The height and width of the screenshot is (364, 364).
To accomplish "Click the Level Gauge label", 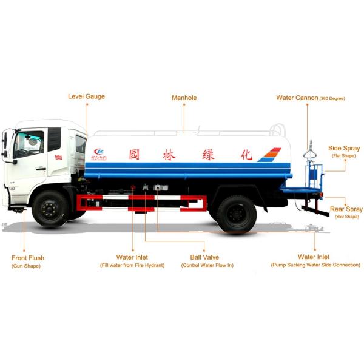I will click(x=86, y=96).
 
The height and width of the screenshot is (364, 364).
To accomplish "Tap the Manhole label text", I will click(x=184, y=98).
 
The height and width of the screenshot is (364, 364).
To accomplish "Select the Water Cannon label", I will click(x=297, y=98).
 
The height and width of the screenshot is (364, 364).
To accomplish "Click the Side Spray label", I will click(x=344, y=148).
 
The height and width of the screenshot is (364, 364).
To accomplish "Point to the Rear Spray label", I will click(x=346, y=209).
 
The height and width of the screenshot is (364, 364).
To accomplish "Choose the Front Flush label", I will click(x=28, y=258).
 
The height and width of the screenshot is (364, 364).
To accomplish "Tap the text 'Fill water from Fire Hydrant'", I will click(x=132, y=265).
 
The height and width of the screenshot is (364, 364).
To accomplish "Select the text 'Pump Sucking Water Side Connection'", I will click(x=315, y=265).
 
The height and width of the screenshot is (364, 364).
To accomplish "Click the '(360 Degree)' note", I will click(x=332, y=98).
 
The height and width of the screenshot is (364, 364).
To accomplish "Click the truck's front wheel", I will click(x=50, y=209).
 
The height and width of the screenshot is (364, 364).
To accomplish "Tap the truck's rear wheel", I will click(x=237, y=213).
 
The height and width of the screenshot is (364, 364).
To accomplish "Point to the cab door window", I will click(x=29, y=144).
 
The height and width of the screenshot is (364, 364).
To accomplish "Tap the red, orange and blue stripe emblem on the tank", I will click(x=269, y=155).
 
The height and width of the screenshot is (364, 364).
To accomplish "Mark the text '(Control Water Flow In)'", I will click(x=207, y=265).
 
